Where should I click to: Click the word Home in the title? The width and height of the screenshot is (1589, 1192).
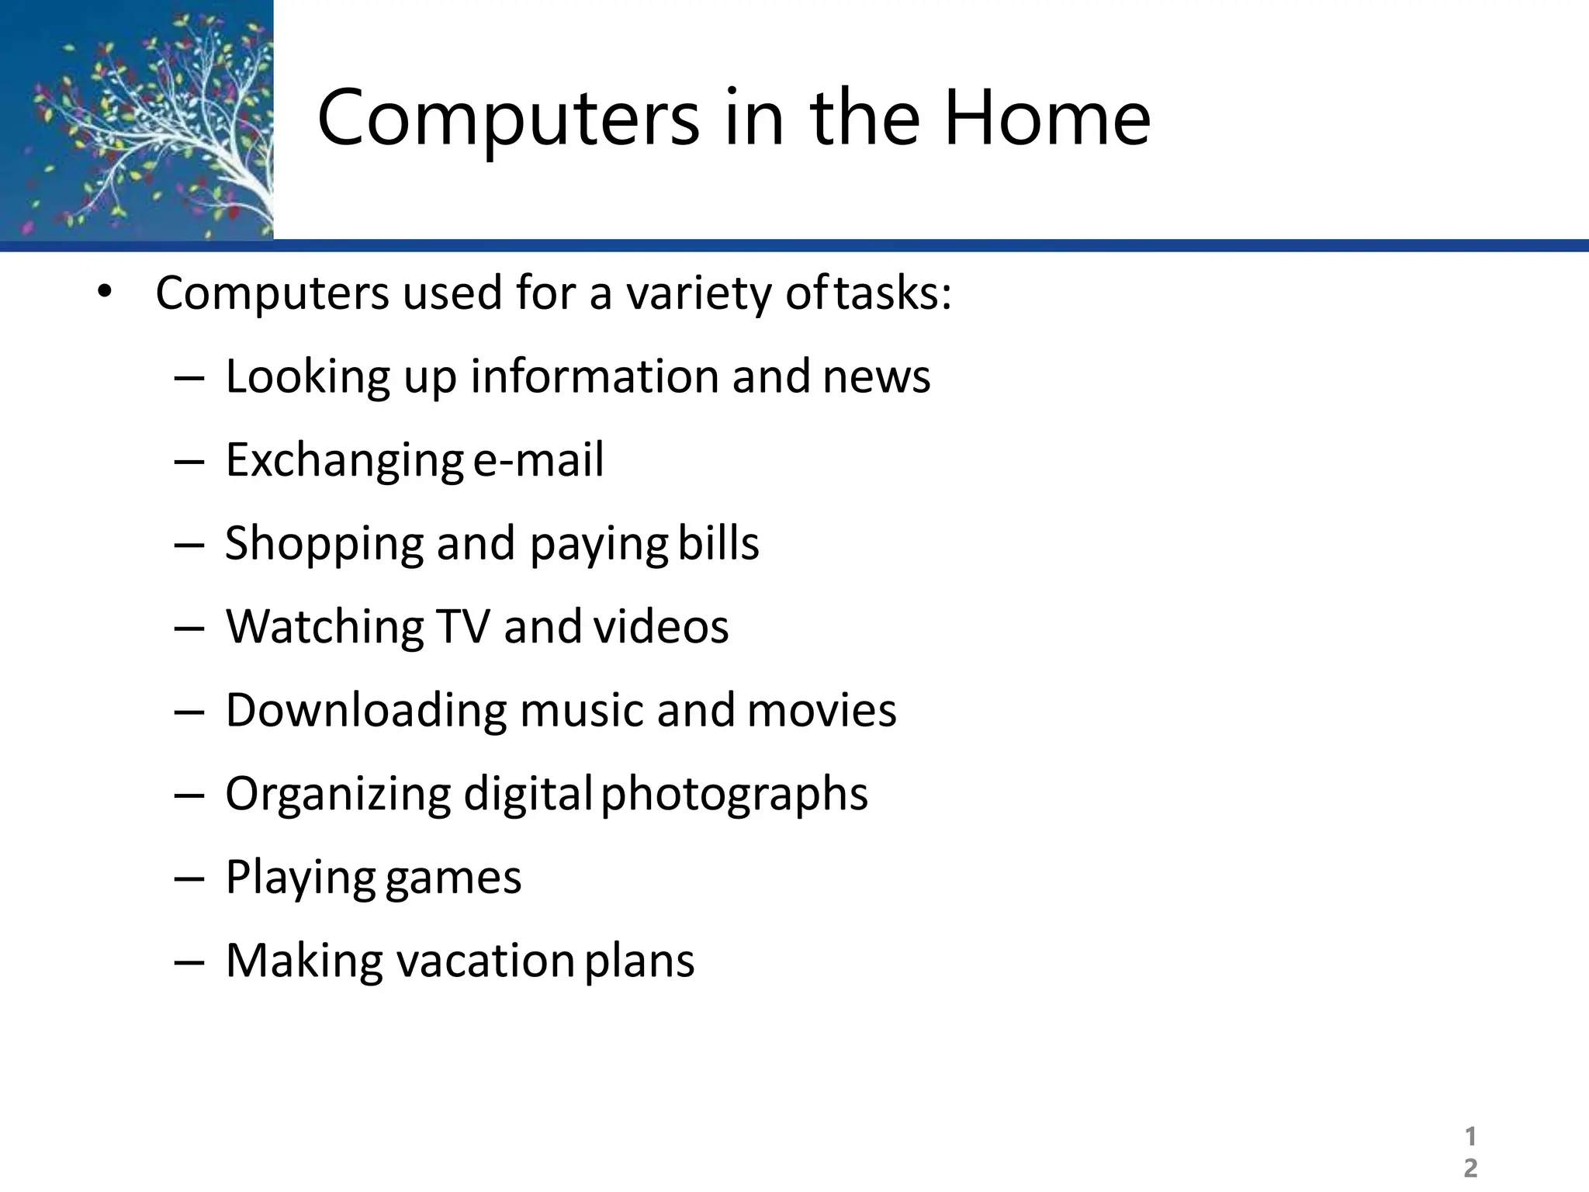1047,118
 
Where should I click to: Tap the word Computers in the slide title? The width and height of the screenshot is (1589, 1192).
508,118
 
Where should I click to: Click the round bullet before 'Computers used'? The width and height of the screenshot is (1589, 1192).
105,293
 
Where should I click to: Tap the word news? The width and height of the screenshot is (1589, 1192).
876,377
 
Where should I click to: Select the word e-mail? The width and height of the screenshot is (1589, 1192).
538,459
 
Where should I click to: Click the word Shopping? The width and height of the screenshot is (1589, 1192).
324,543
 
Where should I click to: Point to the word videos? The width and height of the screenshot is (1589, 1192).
661,626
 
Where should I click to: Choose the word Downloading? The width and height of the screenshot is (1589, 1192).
365,710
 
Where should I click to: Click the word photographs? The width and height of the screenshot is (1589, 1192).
734,794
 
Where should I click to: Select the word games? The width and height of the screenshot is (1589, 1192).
453,878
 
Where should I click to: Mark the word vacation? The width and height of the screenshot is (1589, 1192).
485,961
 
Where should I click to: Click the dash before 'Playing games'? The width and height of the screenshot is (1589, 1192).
189,878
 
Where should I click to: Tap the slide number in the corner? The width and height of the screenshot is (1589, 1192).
1470,1152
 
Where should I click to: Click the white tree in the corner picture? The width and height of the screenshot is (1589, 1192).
186,124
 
